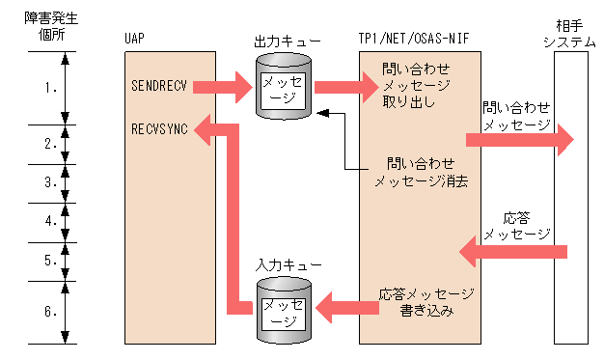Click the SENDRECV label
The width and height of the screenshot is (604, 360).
158,86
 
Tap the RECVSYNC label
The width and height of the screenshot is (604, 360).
158,126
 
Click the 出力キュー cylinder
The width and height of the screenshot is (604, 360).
283,86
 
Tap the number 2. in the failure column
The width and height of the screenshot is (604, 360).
51,144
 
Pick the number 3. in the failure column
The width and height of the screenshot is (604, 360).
51,182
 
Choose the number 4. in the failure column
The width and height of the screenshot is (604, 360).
51,221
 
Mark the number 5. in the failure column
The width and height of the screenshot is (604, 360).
51,260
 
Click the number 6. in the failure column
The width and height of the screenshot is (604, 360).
51,311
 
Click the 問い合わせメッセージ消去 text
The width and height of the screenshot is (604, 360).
421,173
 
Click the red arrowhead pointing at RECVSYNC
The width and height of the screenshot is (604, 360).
207,126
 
